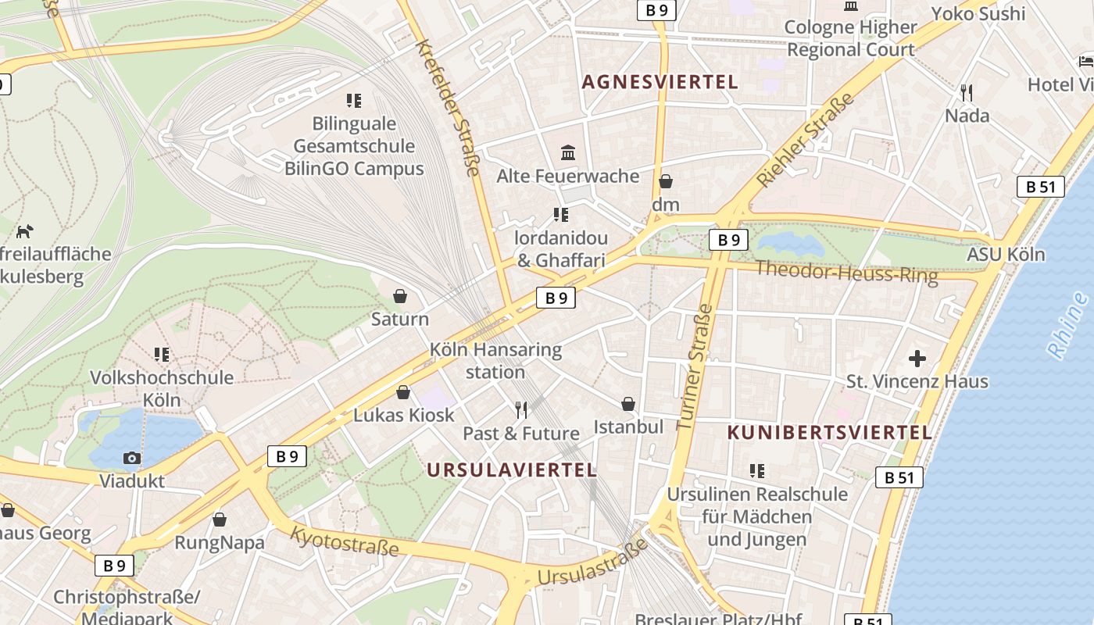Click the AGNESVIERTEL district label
pos(660,82)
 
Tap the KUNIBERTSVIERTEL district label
pos(829,432)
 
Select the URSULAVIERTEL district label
pos(512,470)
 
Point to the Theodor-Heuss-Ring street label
pos(846,271)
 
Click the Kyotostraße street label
pos(344,541)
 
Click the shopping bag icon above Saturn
pos(399,296)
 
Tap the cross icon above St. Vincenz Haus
pos(917,359)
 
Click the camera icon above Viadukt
pos(132,458)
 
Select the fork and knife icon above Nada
pos(967,92)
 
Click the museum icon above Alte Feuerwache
pos(568,152)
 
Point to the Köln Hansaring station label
pos(495,360)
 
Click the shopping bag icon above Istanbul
pos(627,404)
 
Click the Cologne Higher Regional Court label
pos(850,38)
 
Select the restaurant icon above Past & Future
pos(521,409)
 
